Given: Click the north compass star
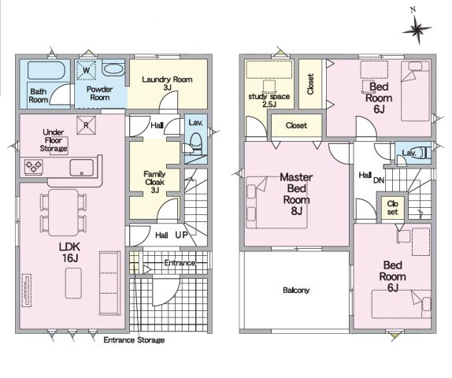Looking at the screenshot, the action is click(x=417, y=29).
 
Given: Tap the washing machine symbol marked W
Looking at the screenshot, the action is click(x=86, y=70).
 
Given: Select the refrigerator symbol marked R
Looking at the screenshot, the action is click(x=86, y=125).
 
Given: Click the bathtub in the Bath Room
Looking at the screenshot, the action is click(x=46, y=70).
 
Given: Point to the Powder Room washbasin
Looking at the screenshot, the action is click(x=113, y=69).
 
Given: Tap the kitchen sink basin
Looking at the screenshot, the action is click(x=82, y=168).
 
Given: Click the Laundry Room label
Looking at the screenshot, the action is click(x=167, y=83).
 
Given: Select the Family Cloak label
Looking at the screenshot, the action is click(x=155, y=182).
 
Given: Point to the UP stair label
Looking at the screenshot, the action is click(x=182, y=235).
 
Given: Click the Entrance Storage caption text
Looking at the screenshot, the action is click(x=134, y=340).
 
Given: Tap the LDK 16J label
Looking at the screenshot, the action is click(x=69, y=253).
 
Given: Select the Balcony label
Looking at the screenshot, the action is click(x=296, y=290).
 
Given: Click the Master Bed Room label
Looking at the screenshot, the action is click(x=297, y=194).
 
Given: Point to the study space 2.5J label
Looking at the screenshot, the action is click(x=269, y=100).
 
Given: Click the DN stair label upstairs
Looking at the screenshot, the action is click(x=379, y=180).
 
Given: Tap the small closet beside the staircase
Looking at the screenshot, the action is click(x=393, y=208).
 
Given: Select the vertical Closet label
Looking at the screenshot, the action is click(x=310, y=84).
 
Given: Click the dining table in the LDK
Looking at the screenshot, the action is click(x=64, y=213).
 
